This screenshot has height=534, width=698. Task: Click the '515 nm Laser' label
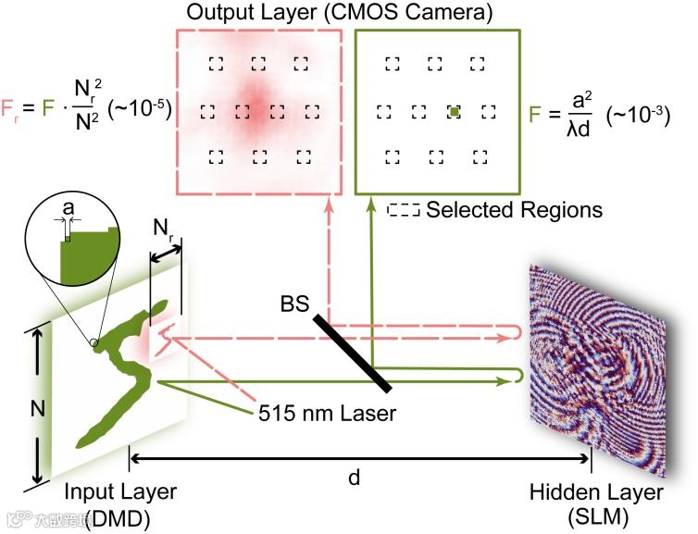(328, 413)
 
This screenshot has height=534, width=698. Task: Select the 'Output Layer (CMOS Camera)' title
(339, 12)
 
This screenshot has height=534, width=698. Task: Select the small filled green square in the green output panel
(455, 112)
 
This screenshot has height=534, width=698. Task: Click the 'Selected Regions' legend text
(514, 210)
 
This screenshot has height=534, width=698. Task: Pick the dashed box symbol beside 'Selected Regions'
(404, 210)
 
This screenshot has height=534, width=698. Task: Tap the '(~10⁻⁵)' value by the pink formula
(140, 109)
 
